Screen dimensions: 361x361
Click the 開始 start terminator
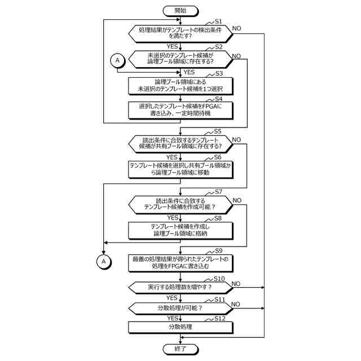(x=180, y=11)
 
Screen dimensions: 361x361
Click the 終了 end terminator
(x=180, y=349)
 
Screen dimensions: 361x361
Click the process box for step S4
(x=180, y=109)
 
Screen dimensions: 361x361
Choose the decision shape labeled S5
(x=180, y=143)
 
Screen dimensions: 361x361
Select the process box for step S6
(x=180, y=169)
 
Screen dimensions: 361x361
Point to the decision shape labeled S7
(x=180, y=204)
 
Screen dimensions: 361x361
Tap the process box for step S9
(x=180, y=262)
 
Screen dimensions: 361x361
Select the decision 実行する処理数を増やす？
(x=180, y=287)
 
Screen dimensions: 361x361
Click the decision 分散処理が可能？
(x=180, y=308)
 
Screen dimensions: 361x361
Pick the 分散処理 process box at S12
(x=180, y=327)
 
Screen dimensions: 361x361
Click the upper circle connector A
(x=117, y=60)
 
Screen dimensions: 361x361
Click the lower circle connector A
(x=103, y=261)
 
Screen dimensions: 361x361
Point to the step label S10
(x=219, y=279)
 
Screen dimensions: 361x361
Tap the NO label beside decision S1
(x=237, y=28)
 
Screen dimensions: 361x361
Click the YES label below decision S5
(x=172, y=157)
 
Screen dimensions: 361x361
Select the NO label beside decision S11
(x=236, y=303)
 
